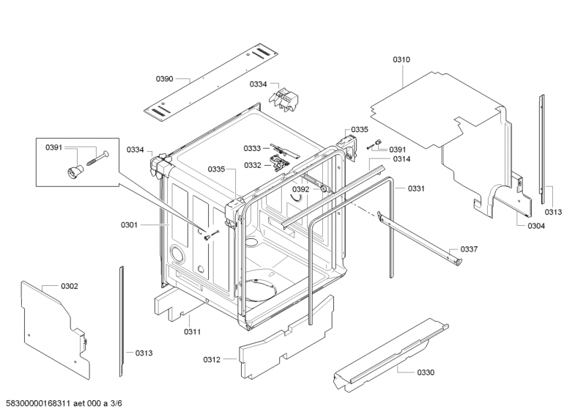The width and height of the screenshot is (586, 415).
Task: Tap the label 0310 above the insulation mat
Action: tap(402, 59)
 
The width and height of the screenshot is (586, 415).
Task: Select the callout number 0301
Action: tap(129, 225)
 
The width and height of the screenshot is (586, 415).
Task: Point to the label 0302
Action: tap(70, 285)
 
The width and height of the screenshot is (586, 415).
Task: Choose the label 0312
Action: tap(212, 359)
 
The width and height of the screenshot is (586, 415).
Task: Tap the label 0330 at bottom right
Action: tap(426, 372)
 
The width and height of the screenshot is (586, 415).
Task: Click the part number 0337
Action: tap(469, 249)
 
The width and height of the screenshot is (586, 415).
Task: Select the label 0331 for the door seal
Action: tap(416, 188)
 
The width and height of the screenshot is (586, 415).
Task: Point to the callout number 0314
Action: tap(401, 159)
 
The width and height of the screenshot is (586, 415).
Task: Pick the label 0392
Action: tap(300, 189)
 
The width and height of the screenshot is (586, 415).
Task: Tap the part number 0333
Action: tap(253, 148)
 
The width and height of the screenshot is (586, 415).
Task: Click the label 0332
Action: tap(253, 165)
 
